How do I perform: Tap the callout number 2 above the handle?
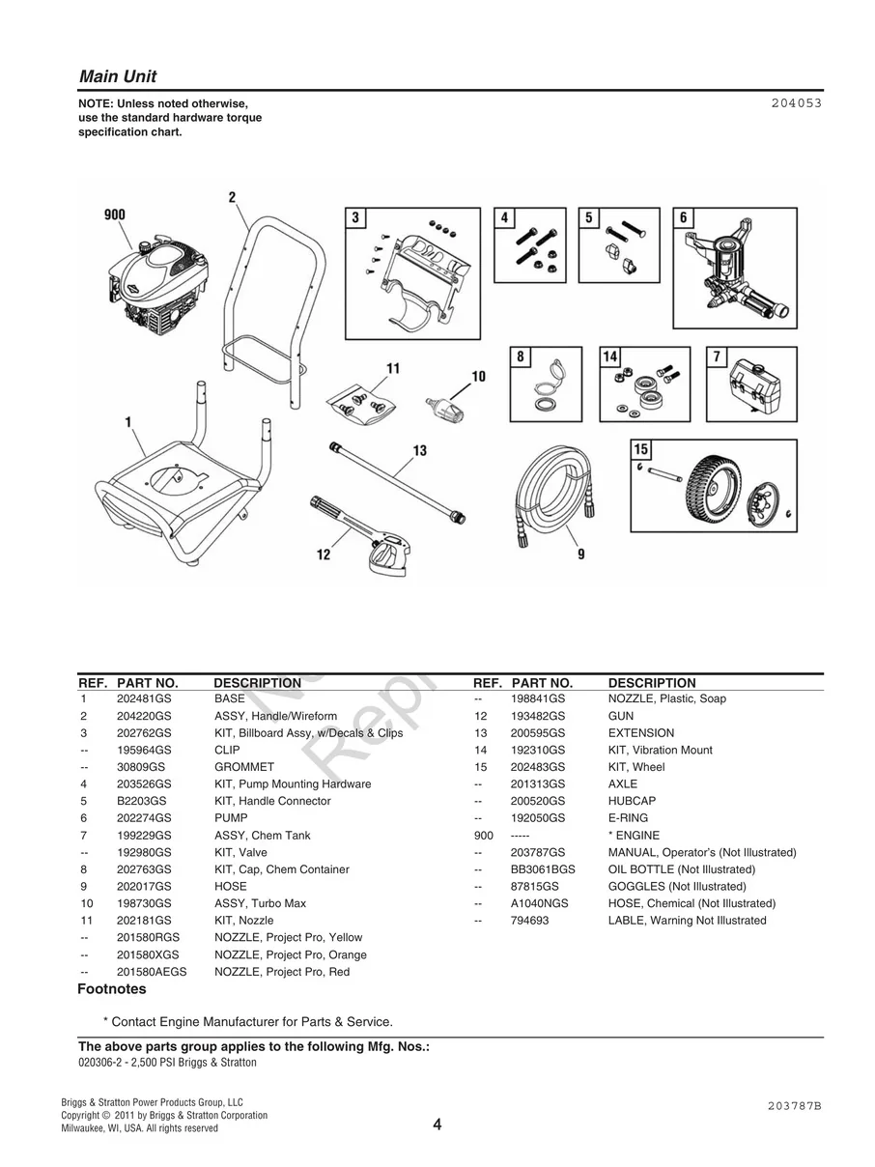pos(232,198)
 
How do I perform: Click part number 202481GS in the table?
pos(144,698)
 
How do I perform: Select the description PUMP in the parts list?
pos(231,818)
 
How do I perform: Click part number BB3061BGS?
pos(543,869)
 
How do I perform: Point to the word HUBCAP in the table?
pos(632,801)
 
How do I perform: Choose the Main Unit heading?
pos(118,76)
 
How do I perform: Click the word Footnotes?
pos(112,989)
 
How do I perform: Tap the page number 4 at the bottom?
pos(437,1124)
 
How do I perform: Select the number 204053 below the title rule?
pos(797,102)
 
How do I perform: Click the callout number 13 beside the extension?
pos(419,450)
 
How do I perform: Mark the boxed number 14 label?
pos(610,357)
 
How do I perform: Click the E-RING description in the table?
pos(629,818)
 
